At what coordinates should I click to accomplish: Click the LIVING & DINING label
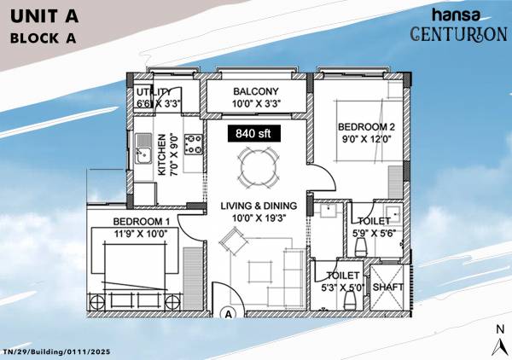258,206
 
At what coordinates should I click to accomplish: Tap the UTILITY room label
155,92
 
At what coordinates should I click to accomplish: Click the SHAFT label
388,287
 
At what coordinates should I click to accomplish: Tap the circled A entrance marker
229,313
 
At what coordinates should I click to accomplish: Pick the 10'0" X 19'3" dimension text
258,218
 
